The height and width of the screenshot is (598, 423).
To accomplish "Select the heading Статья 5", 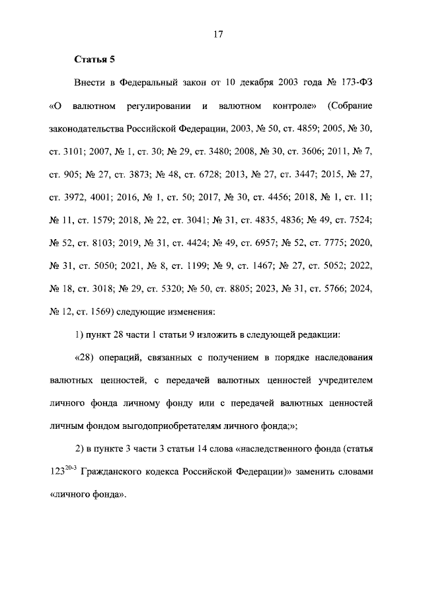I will pos(94,60).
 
